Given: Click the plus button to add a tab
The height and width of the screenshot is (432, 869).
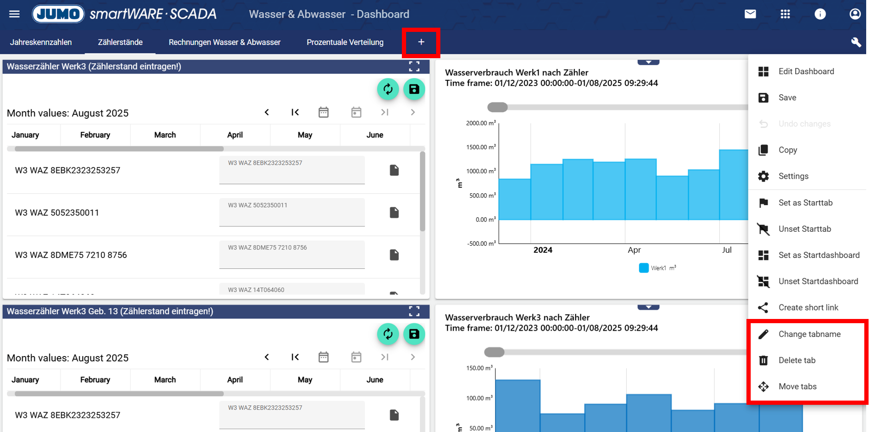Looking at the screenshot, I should [x=421, y=42].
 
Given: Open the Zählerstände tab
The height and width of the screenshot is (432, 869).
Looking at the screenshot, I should [x=120, y=42].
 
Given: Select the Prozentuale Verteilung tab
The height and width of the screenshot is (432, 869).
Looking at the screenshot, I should [x=345, y=42].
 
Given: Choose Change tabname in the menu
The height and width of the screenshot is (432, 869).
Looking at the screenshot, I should [x=809, y=334].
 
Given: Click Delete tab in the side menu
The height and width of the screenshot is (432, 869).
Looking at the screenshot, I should [x=797, y=360].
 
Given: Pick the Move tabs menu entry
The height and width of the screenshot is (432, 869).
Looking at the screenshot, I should [x=797, y=387].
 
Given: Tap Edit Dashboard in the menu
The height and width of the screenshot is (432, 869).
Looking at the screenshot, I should [x=806, y=71].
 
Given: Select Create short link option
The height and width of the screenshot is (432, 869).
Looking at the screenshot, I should [x=808, y=308].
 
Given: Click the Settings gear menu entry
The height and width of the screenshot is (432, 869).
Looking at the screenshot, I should [x=793, y=176].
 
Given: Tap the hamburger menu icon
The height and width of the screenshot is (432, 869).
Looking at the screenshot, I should [x=15, y=14].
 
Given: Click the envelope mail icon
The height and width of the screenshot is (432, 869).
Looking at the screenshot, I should [x=750, y=14].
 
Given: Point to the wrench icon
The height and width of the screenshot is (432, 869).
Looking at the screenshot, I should [x=856, y=42].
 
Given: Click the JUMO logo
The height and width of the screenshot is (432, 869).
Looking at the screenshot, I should [x=58, y=14].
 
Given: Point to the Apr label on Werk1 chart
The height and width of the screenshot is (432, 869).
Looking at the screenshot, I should [x=634, y=250].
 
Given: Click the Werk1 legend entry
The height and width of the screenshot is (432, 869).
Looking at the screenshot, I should [x=657, y=268].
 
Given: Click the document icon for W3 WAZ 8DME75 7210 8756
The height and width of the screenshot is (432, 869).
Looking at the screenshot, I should [x=394, y=255].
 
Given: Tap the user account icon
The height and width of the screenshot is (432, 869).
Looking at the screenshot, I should [x=855, y=14].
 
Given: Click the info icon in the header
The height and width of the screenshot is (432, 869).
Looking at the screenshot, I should [x=820, y=14].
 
